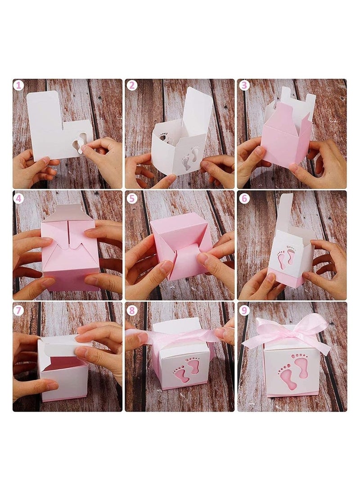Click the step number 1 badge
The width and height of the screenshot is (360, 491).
click(18, 85)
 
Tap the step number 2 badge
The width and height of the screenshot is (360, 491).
click(131, 85)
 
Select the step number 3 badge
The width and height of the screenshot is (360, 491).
click(243, 85)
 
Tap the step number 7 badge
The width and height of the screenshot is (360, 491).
click(18, 309)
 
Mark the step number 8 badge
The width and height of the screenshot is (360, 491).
click(131, 309)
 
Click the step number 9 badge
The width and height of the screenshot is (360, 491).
click(243, 309)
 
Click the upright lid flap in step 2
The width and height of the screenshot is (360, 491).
click(198, 110)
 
